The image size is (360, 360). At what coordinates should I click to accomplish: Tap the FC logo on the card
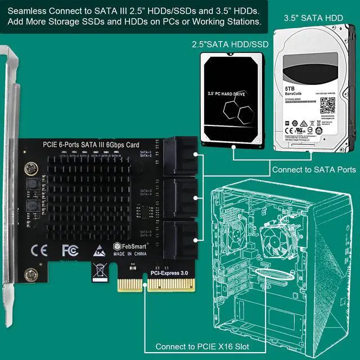coord(70,249)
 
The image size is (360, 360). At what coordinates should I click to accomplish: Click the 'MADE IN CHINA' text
coord(130,254)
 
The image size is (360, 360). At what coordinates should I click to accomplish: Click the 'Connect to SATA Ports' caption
coord(314,169)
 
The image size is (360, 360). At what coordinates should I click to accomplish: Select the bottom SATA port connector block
coord(181,238)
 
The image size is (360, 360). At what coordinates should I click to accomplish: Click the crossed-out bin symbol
coord(100,271)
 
